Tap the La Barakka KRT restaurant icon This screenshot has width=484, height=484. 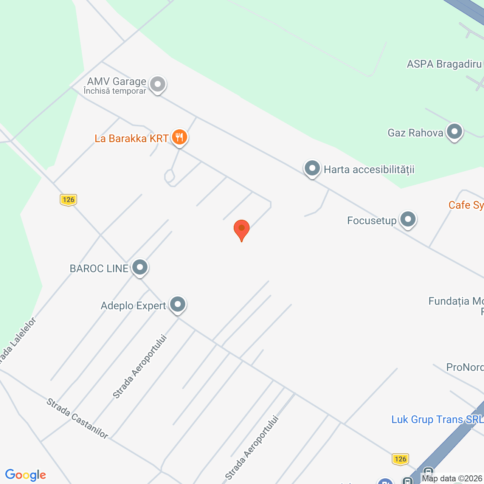coord(179,137)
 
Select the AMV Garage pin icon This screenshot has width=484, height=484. coord(157,84)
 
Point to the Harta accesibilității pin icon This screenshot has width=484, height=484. coord(312,168)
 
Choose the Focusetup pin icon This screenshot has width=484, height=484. coord(408,219)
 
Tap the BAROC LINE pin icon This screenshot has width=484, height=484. coord(140,267)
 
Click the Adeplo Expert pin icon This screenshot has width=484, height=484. coord(177,304)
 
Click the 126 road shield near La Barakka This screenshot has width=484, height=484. coord(68,200)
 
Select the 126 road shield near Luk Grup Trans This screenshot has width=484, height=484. coord(400,459)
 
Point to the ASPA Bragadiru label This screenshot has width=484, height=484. coord(444,64)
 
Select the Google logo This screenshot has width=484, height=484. coord(26,475)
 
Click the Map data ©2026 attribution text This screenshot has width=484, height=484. coord(452,479)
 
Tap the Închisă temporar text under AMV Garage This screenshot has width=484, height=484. coord(115,91)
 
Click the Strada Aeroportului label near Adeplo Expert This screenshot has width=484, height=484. coord(140,366)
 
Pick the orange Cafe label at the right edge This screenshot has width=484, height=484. coord(466,205)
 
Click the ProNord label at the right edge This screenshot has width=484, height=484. coord(465,367)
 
